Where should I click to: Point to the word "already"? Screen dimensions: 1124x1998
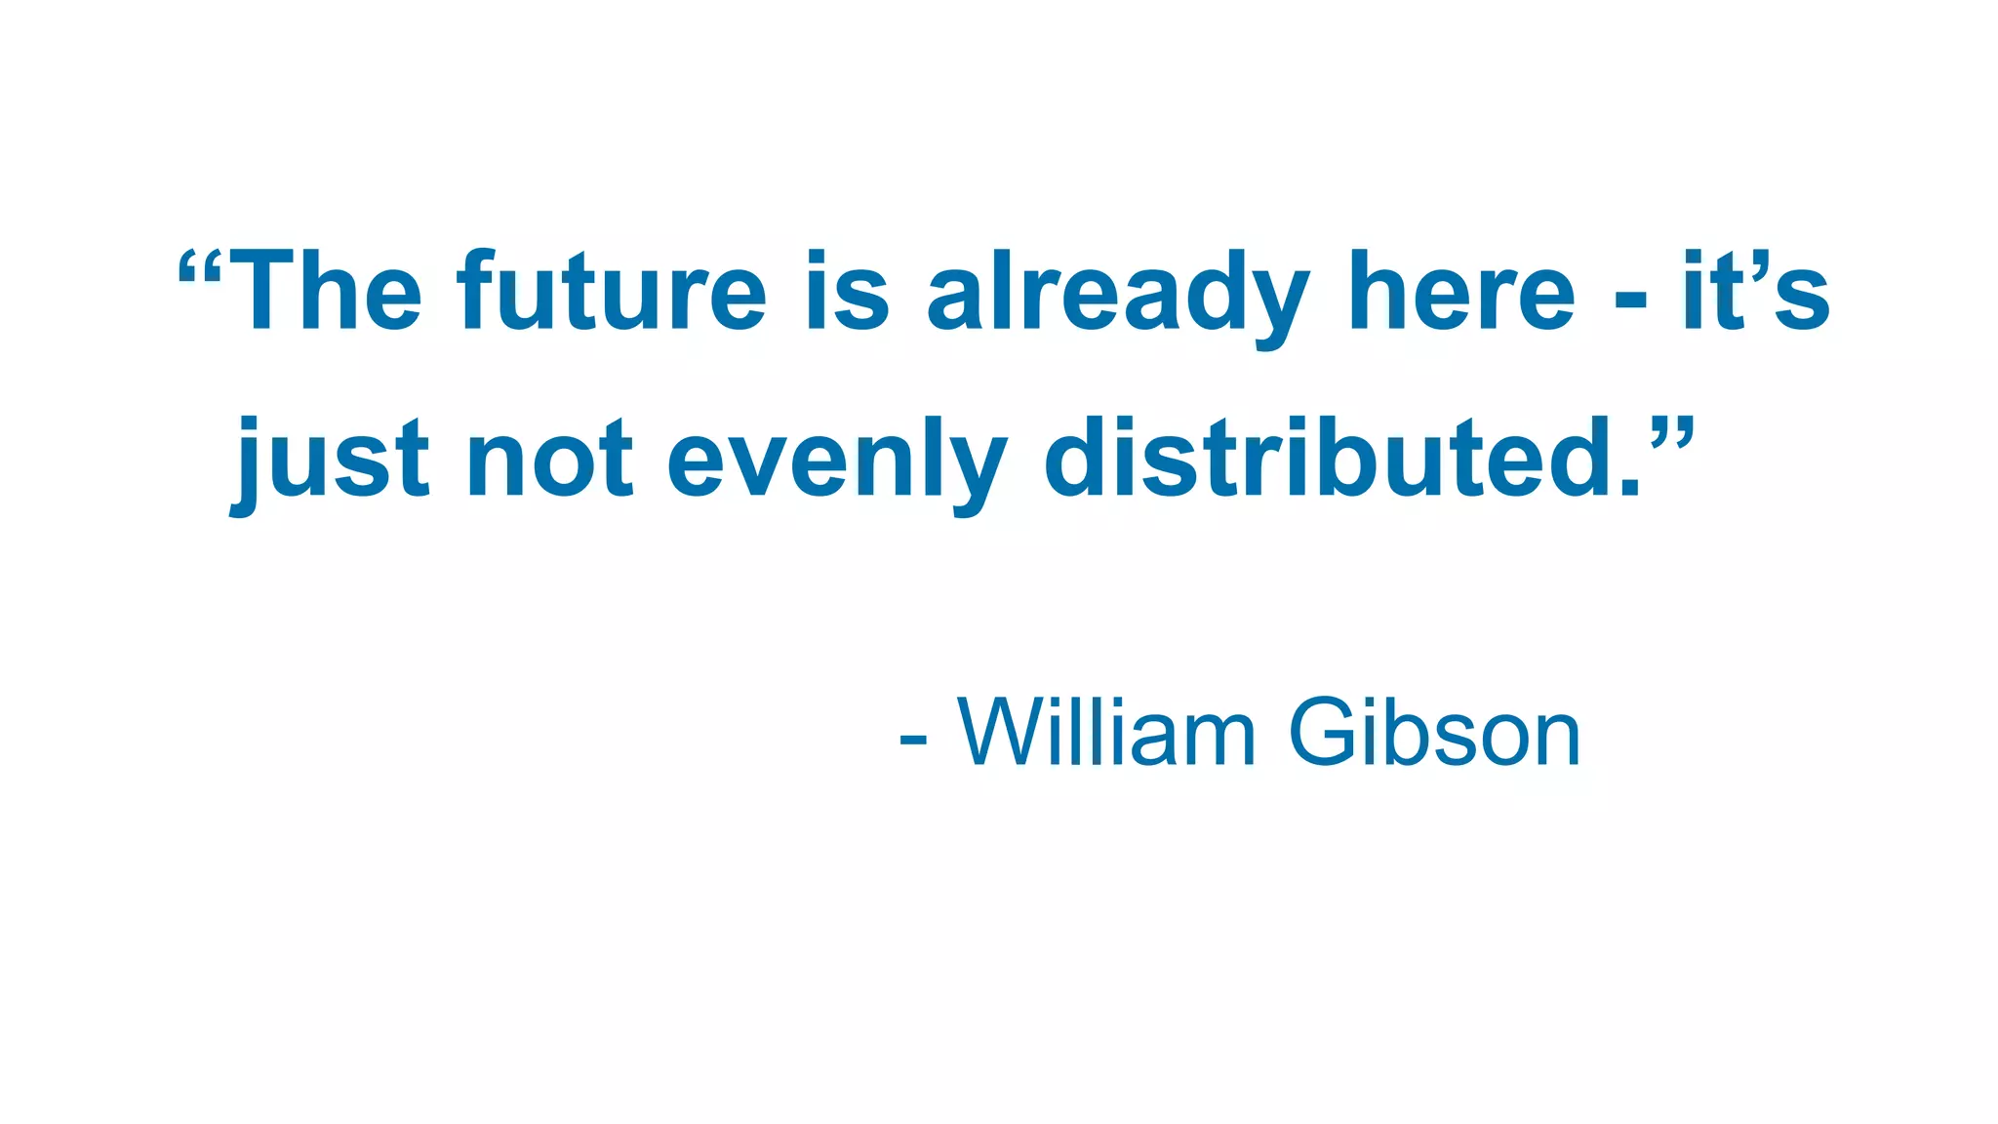[x=1118, y=295]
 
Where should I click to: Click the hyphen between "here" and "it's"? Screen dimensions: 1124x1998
[x=1630, y=299]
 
